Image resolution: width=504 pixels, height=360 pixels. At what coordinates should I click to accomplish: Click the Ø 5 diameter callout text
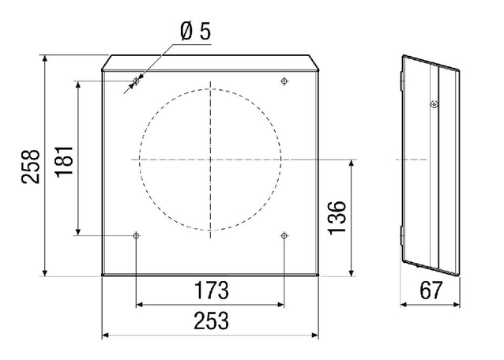[x=195, y=32]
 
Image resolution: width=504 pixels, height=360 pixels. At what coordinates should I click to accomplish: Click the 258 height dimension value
[x=31, y=167]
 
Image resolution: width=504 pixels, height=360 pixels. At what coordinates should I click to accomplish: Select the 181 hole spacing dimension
[x=64, y=161]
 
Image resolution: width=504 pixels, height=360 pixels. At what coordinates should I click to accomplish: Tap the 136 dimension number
[x=337, y=218]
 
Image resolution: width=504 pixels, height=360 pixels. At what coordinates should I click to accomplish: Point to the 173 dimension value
[x=212, y=291]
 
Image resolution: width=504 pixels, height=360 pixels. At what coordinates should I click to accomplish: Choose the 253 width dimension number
[x=211, y=321]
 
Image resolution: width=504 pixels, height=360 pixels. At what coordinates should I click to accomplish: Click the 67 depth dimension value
[x=431, y=291]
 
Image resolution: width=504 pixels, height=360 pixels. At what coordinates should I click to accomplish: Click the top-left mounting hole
[x=137, y=81]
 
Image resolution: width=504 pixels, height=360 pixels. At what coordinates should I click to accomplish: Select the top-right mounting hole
[x=284, y=81]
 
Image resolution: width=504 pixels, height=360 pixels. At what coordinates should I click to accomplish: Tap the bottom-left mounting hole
[x=137, y=236]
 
